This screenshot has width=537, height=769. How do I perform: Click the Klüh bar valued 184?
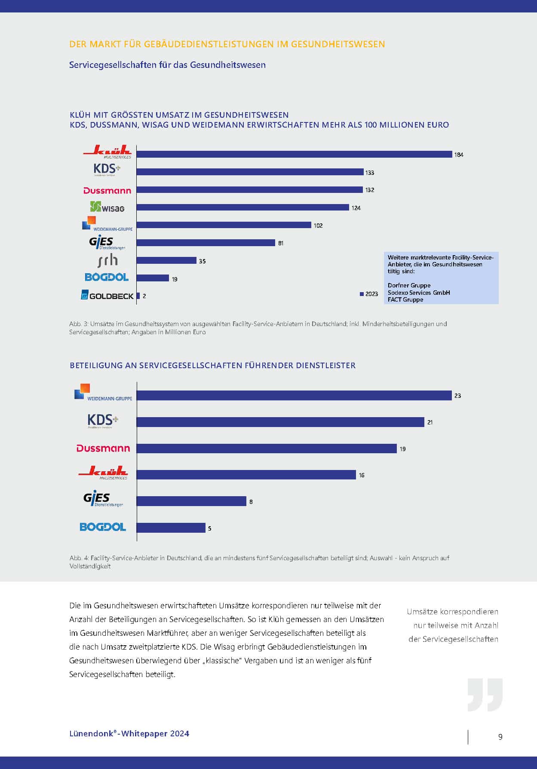click(x=295, y=154)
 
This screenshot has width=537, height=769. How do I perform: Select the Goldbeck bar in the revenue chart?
click(x=138, y=296)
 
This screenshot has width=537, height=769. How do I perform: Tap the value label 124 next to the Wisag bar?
click(x=356, y=208)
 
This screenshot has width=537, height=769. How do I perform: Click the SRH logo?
click(x=107, y=260)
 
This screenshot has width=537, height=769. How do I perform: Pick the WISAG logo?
click(x=107, y=207)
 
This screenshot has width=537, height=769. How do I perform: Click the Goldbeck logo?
click(x=107, y=296)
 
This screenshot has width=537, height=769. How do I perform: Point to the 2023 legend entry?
click(x=369, y=294)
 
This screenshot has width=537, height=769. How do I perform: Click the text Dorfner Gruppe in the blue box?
click(x=409, y=285)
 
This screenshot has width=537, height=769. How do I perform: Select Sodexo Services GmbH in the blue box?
click(x=419, y=293)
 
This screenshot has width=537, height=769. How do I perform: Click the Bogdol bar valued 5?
click(x=171, y=528)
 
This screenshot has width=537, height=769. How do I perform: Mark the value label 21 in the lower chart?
click(x=430, y=423)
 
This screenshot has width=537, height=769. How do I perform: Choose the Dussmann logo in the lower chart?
click(x=103, y=449)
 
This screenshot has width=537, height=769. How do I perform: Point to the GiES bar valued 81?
click(x=206, y=243)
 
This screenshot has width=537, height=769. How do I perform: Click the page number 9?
click(x=500, y=737)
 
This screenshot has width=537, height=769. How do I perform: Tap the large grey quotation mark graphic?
click(x=485, y=695)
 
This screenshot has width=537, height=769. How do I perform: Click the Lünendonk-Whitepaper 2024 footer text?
click(x=129, y=734)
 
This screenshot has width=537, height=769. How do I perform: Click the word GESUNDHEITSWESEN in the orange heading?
click(x=338, y=44)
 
